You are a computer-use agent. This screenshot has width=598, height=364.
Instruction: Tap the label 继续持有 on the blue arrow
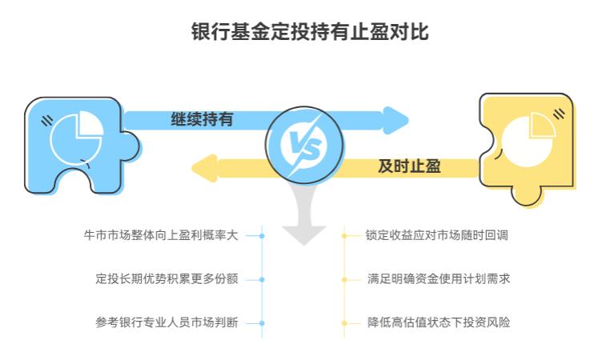pos(202,120)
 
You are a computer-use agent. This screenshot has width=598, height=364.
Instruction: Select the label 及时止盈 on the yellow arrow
pos(409,167)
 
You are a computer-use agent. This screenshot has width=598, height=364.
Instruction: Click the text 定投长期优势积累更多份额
pos(167,279)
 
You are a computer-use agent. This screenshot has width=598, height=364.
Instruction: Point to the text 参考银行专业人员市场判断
pos(167,323)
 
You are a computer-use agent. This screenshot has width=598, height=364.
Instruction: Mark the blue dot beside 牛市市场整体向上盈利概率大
pos(262,236)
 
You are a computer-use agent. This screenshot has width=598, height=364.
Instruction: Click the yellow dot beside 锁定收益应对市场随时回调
pos(344,236)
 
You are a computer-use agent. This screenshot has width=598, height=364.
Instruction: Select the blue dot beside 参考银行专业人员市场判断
pos(262,323)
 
